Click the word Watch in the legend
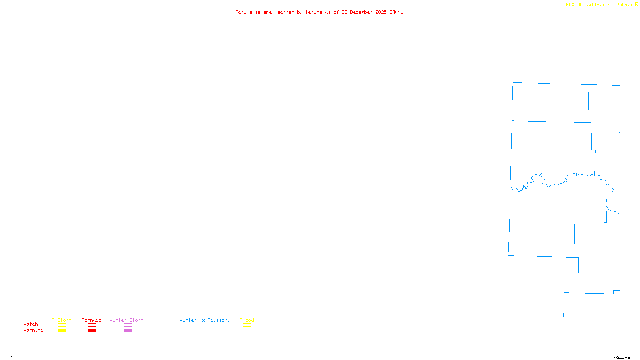coord(31,324)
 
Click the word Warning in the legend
coord(33,330)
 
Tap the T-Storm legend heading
coord(62,320)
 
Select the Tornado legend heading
coord(92,320)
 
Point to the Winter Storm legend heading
coord(126,320)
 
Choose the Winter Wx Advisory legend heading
coord(205,320)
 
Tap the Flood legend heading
coord(247,320)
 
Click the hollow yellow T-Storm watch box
coord(62,325)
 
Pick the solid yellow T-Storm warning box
coord(62,331)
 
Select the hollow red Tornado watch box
coord(92,325)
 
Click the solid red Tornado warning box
coord(92,331)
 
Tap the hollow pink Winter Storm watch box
coord(128,325)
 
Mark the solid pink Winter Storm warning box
coord(128,331)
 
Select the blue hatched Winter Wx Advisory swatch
coord(204,331)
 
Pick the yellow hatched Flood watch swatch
coord(247,325)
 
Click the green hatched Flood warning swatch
coord(247,331)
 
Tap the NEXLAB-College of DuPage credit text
coord(600,5)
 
